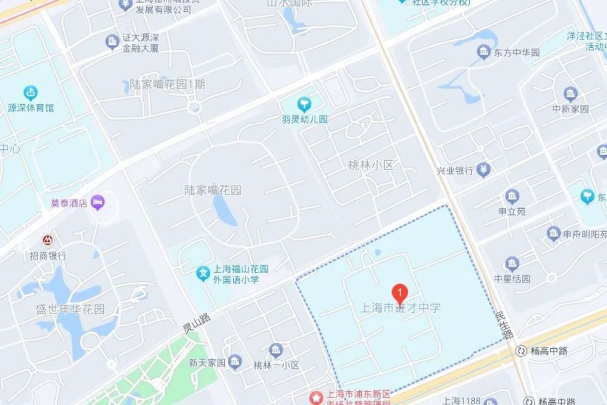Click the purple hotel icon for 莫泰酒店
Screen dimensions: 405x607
click(98, 202)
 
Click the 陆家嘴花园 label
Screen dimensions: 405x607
click(212, 190)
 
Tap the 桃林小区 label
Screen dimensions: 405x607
click(371, 165)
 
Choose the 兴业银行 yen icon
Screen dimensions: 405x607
click(484, 169)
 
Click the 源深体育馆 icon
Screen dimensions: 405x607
click(30, 92)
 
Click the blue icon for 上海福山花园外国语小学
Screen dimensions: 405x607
click(202, 273)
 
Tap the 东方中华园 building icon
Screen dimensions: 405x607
click(483, 53)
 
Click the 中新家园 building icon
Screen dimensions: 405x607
click(570, 94)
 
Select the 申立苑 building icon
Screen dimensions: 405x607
click(512, 196)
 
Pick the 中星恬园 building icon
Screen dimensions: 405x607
click(511, 263)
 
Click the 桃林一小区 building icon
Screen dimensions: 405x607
click(276, 350)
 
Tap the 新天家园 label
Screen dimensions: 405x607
click(207, 363)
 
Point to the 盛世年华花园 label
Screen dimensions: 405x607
click(70, 309)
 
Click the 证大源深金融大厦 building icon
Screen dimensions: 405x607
click(112, 42)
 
